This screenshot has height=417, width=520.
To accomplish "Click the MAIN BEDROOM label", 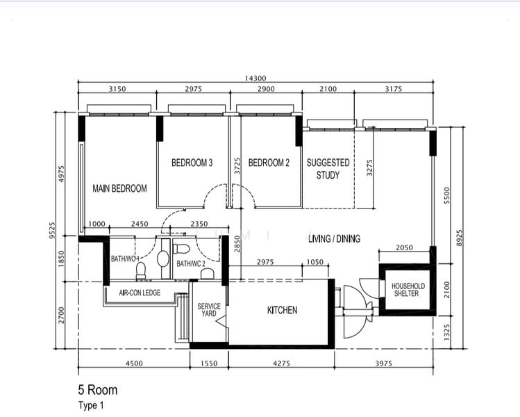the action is point(119,188).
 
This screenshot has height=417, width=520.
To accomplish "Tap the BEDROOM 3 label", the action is point(192,163).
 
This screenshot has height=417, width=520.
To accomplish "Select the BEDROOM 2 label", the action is point(269,163).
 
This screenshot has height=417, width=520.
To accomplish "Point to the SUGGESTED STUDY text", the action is point(328,169).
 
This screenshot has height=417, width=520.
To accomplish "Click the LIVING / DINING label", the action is point(335,238).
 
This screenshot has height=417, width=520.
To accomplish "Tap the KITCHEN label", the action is point(283,310).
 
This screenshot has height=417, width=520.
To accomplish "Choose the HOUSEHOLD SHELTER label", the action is point(408,290).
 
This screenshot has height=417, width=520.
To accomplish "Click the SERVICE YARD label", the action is point(209,310).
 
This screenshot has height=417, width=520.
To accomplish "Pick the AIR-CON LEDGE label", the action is point(140,293).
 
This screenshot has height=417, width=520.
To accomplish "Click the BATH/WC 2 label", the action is point(191,263).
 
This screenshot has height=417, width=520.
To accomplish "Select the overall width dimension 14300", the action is point(255,79).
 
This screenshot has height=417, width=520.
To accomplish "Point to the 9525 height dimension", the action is point(52,231).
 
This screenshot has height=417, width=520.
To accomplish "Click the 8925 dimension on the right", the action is point(459,238).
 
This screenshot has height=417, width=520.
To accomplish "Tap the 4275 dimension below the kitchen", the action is point(282,363).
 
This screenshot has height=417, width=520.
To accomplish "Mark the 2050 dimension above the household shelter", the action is point(404,247).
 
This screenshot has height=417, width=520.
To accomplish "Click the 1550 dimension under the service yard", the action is point(209,363).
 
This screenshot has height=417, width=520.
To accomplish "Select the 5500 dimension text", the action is point(447,195).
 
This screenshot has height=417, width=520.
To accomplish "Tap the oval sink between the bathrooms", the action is point(163,259).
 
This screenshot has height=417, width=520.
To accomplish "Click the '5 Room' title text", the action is point(98,390).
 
